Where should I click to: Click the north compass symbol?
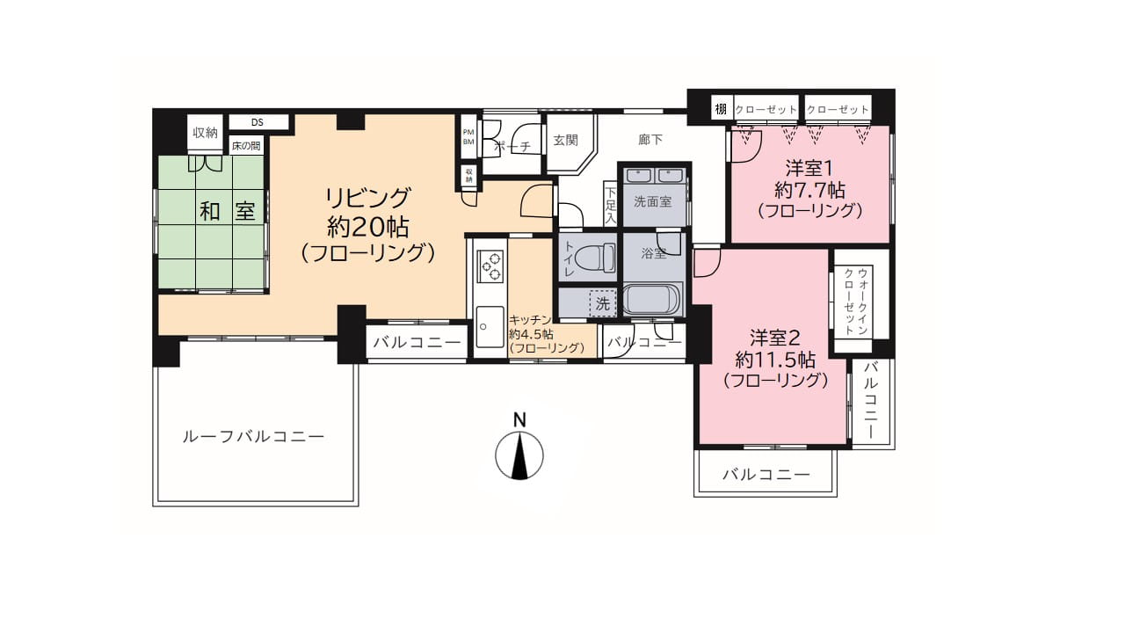point(519,455)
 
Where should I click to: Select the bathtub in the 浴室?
point(652,299)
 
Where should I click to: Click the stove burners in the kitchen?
point(490,266)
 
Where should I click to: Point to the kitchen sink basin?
point(490,326)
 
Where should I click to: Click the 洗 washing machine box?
point(603,303)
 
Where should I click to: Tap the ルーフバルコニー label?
point(253,437)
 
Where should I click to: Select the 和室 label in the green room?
point(228,211)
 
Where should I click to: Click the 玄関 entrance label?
point(566,140)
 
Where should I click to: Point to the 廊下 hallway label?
point(650,140)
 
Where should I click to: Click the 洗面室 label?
point(652,202)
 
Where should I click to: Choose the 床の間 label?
point(246,146)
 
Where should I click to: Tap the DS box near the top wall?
point(258,122)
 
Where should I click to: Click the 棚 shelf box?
point(721,109)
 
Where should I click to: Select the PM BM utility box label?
point(468,137)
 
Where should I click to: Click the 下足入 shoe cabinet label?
point(610,205)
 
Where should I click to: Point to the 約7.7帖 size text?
point(809,191)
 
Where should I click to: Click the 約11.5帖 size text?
point(775,360)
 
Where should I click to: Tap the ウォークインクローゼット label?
point(856,302)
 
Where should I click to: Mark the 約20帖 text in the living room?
point(367,227)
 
